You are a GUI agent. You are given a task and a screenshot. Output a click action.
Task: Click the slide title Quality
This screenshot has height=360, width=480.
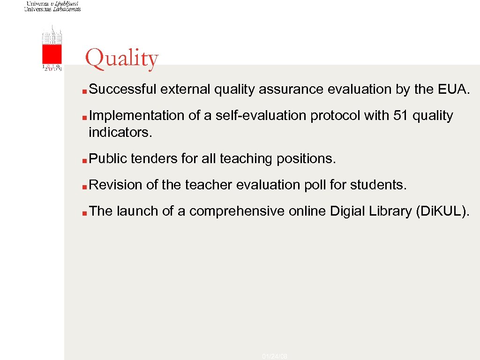[122, 59]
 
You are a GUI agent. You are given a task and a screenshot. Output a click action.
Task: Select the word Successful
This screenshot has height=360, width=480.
[123, 89]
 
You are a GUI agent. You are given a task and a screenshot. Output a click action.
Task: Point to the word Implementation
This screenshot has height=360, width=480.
[136, 115]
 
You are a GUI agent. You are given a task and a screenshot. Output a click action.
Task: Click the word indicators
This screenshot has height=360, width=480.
[120, 132]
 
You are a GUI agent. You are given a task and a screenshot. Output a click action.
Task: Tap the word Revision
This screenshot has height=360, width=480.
[115, 185]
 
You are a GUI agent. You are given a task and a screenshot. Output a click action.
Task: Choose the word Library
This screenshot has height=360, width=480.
[394, 211]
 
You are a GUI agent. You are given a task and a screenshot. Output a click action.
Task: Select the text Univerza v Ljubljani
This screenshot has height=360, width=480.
[52, 3]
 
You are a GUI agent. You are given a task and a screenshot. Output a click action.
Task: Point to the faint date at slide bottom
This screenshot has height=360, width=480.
[275, 357]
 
